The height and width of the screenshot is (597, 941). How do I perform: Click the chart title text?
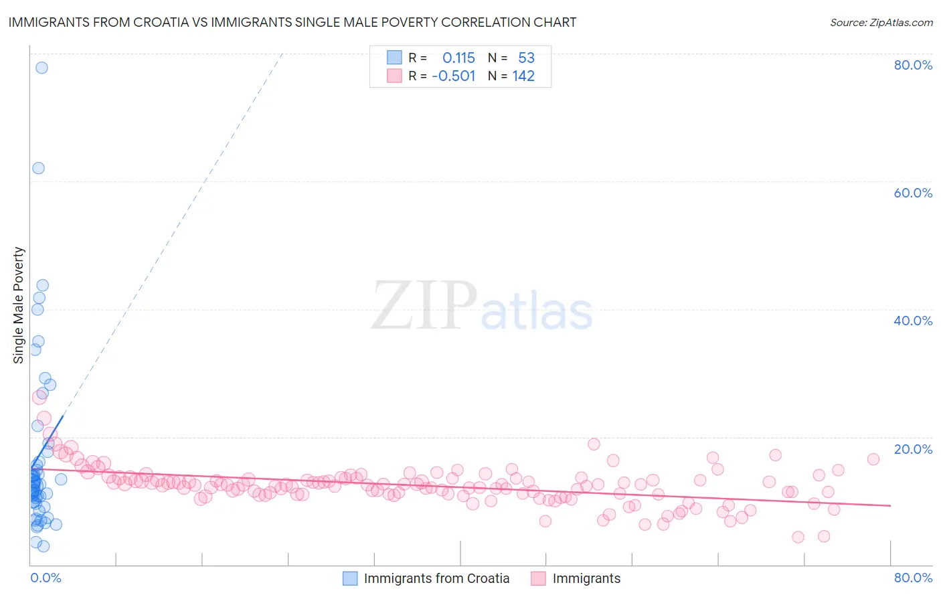click(292, 22)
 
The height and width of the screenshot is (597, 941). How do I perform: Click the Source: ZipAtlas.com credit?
click(881, 22)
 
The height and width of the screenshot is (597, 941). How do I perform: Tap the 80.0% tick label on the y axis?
click(913, 65)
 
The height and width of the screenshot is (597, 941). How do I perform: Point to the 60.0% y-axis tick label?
click(913, 193)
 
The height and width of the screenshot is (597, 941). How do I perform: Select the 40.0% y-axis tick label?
click(913, 321)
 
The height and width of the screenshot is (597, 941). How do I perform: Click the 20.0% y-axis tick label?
click(913, 449)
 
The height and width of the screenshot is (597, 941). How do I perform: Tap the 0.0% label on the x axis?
click(46, 578)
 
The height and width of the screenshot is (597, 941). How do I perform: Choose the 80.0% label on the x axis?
click(913, 578)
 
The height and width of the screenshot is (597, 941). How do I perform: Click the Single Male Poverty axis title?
click(19, 305)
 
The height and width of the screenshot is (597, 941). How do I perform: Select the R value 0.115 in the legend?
click(458, 58)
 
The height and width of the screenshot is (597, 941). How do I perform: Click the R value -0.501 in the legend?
click(454, 76)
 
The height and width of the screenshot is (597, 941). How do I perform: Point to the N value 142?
click(523, 76)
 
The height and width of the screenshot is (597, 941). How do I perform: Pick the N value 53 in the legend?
click(526, 58)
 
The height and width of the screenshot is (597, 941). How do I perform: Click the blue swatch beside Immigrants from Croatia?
click(350, 578)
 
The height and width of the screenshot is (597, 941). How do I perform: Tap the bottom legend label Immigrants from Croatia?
click(436, 578)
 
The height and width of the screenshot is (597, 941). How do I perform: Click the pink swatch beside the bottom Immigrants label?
click(539, 578)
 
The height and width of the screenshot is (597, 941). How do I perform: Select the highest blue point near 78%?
click(41, 68)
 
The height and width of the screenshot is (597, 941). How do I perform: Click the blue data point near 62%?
click(38, 168)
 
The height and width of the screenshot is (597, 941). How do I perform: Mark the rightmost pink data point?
click(873, 459)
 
